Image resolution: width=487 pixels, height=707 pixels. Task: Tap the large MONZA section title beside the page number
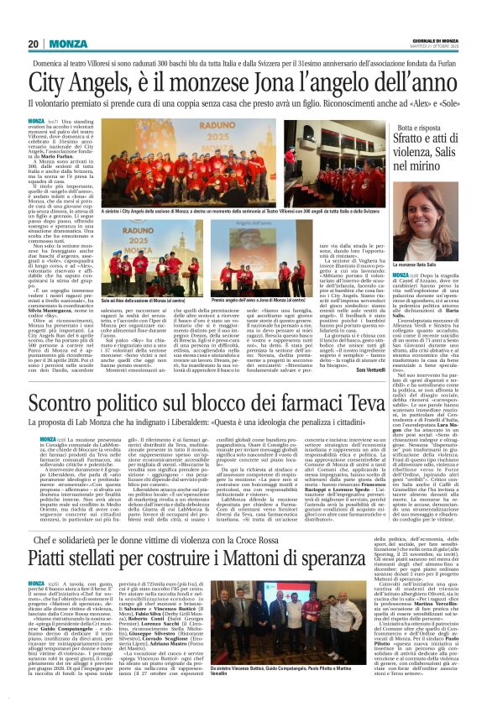click(66, 44)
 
